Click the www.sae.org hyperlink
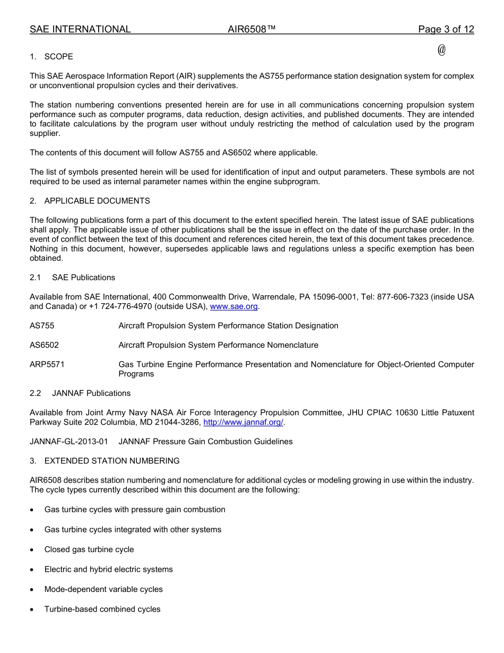coord(233,306)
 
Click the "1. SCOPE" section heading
coord(51,57)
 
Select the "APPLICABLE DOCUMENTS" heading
coord(97,201)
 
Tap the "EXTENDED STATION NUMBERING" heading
coord(111,461)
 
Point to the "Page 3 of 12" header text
coord(446,30)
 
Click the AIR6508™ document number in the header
coord(251,30)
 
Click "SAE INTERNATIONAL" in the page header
coord(80,30)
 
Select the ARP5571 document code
coord(47,365)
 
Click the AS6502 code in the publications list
coord(44,345)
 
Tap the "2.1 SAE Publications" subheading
coord(72,278)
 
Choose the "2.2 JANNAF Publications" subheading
coord(80,393)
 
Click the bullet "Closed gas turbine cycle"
coord(89,549)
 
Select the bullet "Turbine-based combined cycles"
coord(102,609)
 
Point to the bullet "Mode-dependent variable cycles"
coord(103,589)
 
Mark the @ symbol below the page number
coord(441,50)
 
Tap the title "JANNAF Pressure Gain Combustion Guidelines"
coord(205,442)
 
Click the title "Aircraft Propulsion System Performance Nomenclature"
coord(218,345)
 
